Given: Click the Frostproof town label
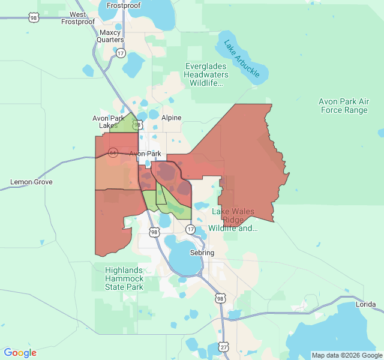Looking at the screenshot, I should (124, 5).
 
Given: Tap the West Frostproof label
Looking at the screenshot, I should (78, 18).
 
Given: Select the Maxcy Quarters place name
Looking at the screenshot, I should (110, 36).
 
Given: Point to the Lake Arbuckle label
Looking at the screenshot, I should (242, 58).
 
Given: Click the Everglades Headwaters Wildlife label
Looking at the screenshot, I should (207, 74).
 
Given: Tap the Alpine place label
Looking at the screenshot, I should (171, 118).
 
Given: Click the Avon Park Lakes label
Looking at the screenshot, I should (109, 122).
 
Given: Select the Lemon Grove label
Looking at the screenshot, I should (31, 182).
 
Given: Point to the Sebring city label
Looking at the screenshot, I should (202, 253).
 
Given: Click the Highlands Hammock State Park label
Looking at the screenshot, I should (124, 278).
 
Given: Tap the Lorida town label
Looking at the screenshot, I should (366, 305).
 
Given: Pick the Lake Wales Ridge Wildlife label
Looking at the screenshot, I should (234, 220).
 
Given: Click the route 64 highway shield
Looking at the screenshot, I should (112, 152).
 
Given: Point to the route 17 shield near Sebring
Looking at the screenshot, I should (190, 229).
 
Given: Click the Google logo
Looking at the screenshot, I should (20, 353).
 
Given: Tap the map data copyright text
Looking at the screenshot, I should (346, 355).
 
